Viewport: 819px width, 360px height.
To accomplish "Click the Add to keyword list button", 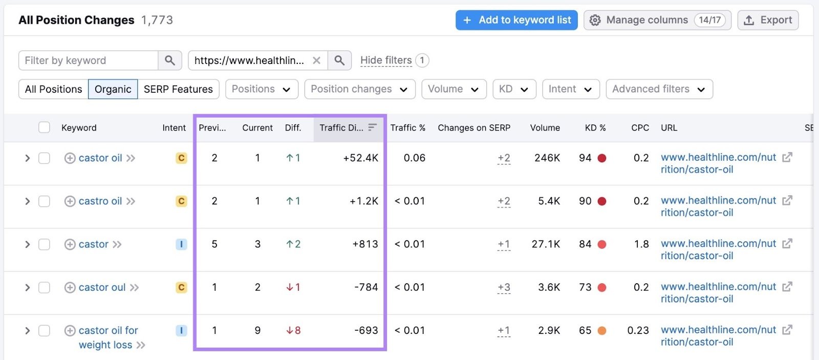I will click(x=516, y=20).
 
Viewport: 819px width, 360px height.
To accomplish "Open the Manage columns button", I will click(x=657, y=20).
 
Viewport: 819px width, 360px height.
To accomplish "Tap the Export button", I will click(x=768, y=20).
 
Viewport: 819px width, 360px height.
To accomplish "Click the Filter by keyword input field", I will click(x=88, y=60).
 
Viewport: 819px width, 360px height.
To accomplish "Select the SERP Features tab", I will click(x=178, y=89).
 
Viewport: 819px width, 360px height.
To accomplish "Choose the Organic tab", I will click(x=113, y=89).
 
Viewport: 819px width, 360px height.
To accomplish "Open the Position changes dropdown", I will click(x=359, y=89).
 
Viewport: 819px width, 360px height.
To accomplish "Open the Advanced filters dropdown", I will click(x=659, y=89).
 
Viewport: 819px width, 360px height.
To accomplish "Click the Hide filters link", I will click(x=386, y=60).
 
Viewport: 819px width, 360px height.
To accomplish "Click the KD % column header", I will click(x=595, y=128).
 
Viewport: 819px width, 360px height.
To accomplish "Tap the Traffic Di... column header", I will click(x=341, y=128).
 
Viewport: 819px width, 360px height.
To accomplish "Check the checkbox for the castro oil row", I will click(x=45, y=201).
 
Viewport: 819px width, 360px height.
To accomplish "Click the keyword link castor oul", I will click(x=102, y=287).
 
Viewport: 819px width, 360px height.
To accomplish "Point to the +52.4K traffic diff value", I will click(x=360, y=158).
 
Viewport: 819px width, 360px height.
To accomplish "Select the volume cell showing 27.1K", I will click(x=546, y=244).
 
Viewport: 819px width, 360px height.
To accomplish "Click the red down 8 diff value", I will click(x=293, y=331).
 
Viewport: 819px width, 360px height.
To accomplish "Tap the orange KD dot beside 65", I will click(x=602, y=331).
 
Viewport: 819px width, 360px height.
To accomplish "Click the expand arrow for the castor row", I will click(x=28, y=244).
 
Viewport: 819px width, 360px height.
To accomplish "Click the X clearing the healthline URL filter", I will click(x=316, y=60).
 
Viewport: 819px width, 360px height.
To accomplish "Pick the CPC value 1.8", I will click(x=641, y=244).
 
